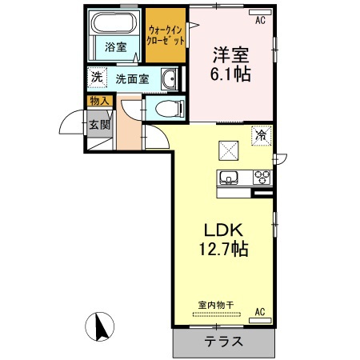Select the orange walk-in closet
pos(166,34)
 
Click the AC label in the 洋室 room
pos(260,22)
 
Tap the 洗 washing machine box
pos(96,78)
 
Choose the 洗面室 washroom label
pos(131,79)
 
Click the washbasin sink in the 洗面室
pos(170,79)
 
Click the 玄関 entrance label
pos(99,124)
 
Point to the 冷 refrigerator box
pos(261,135)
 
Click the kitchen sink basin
pos(226,177)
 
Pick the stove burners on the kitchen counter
pos(262,177)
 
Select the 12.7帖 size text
pos(222,250)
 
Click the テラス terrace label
pos(224,341)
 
